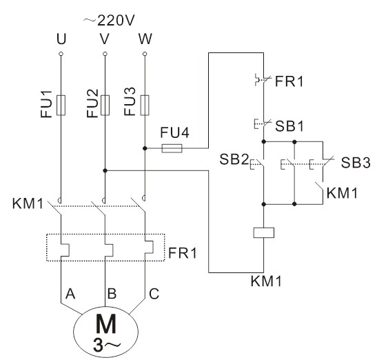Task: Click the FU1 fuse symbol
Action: pyautogui.click(x=61, y=105)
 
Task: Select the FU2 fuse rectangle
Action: pyautogui.click(x=105, y=105)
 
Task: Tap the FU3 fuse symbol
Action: pyautogui.click(x=145, y=105)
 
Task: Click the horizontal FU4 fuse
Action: pyautogui.click(x=172, y=148)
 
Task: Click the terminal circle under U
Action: pyautogui.click(x=61, y=54)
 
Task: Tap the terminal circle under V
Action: pyautogui.click(x=105, y=54)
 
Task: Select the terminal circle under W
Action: pyautogui.click(x=145, y=54)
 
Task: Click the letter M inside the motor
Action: pyautogui.click(x=105, y=323)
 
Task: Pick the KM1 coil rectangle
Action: pyautogui.click(x=264, y=232)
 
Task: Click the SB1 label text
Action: pyautogui.click(x=289, y=126)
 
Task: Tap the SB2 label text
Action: pyautogui.click(x=234, y=159)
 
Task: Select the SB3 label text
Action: pyautogui.click(x=356, y=163)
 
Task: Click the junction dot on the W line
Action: pyautogui.click(x=145, y=148)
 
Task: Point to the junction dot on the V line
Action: pyautogui.click(x=105, y=170)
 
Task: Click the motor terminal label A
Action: pyautogui.click(x=70, y=294)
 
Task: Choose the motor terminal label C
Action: pyautogui.click(x=154, y=294)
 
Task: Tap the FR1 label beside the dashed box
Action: pyautogui.click(x=183, y=253)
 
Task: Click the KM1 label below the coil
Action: pyautogui.click(x=266, y=281)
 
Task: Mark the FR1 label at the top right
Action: pyautogui.click(x=289, y=81)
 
